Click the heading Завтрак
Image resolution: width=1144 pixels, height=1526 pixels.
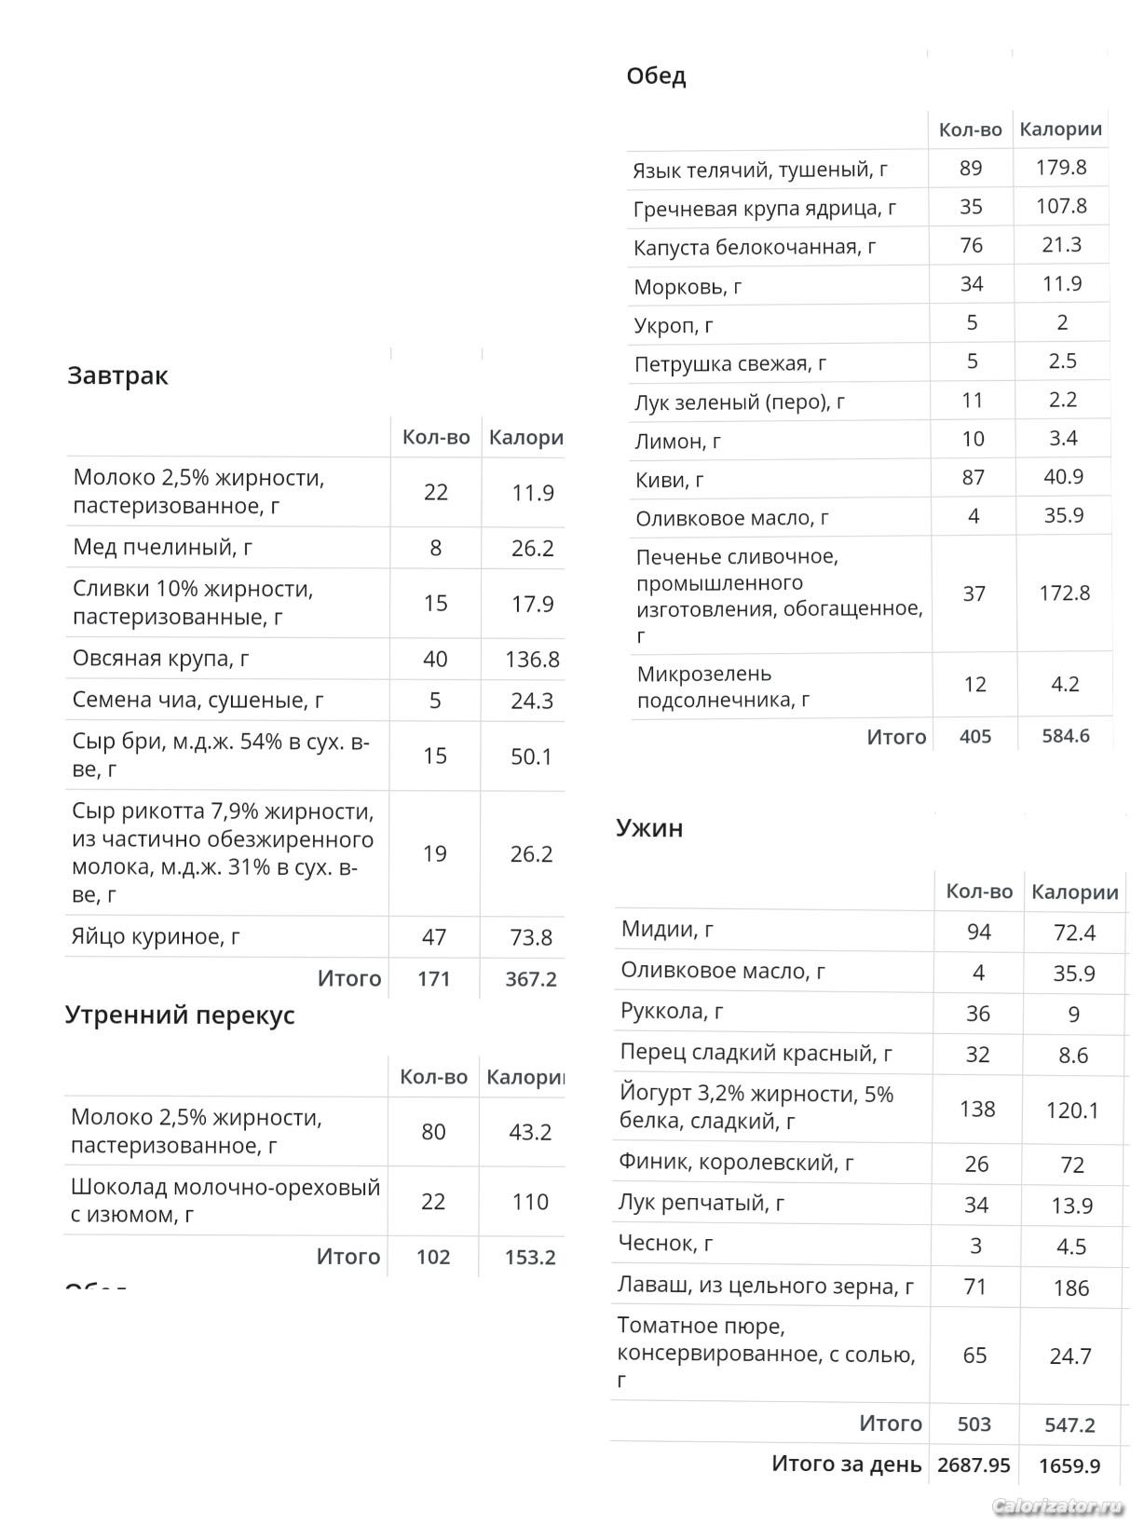click(117, 376)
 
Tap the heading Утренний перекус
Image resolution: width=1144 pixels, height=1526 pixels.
click(180, 1015)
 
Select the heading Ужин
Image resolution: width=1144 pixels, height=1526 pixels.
click(649, 828)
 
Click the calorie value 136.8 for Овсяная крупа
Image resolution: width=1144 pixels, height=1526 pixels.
click(532, 660)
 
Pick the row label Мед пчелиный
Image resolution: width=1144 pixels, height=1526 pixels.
click(163, 547)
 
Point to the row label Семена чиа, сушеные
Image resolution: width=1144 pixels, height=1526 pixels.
click(198, 700)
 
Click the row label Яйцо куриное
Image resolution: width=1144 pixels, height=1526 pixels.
click(156, 936)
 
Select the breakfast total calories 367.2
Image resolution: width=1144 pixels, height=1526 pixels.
click(530, 979)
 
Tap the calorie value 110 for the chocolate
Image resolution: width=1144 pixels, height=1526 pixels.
click(529, 1202)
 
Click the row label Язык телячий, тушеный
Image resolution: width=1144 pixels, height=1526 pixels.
click(759, 170)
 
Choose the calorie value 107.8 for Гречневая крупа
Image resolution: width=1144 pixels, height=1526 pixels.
click(1061, 206)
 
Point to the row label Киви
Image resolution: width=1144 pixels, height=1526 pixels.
click(669, 480)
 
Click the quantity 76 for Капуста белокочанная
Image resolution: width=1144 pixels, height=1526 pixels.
click(971, 245)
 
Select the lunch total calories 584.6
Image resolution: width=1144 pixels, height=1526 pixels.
click(1065, 736)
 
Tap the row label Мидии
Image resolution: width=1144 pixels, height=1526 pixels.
click(667, 929)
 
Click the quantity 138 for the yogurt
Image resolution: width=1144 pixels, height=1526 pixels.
click(977, 1109)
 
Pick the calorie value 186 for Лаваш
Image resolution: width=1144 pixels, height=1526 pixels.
click(1071, 1288)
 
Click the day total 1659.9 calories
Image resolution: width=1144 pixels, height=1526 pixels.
click(1069, 1465)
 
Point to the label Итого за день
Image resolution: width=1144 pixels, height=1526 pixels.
click(846, 1465)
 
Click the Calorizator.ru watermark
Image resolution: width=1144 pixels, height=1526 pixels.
click(1058, 1506)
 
